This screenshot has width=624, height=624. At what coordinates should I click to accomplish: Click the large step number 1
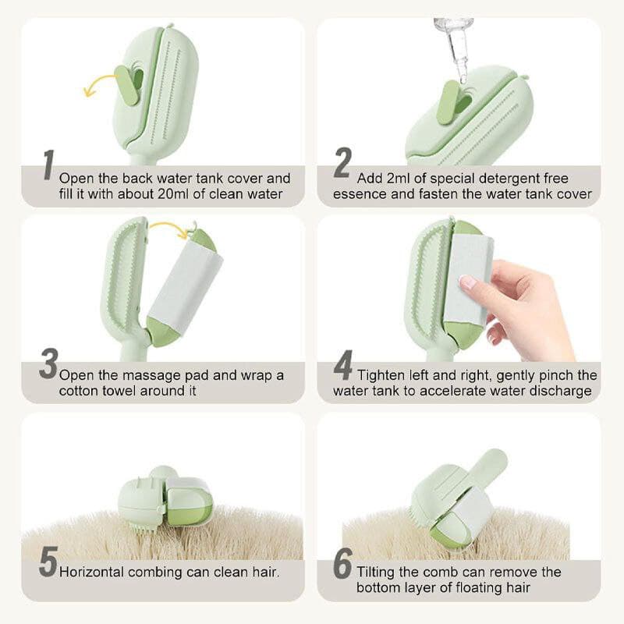48,165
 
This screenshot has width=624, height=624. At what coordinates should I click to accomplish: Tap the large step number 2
342,162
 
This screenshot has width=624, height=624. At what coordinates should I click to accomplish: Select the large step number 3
48,363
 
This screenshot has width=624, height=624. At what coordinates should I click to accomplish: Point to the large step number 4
343,365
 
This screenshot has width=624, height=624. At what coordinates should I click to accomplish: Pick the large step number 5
48,562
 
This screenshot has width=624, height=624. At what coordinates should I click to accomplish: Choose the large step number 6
343,562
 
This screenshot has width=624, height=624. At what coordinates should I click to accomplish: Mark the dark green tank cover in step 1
129,87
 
